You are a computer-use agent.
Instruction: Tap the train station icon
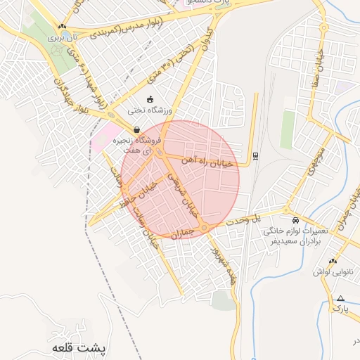[x=255, y=155]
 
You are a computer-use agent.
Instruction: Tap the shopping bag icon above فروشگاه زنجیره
[x=136, y=129]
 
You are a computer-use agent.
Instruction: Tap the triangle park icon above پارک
[x=341, y=298]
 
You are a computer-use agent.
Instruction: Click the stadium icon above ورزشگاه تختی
[x=150, y=99]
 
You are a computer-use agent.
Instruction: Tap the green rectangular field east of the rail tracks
[x=288, y=129]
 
